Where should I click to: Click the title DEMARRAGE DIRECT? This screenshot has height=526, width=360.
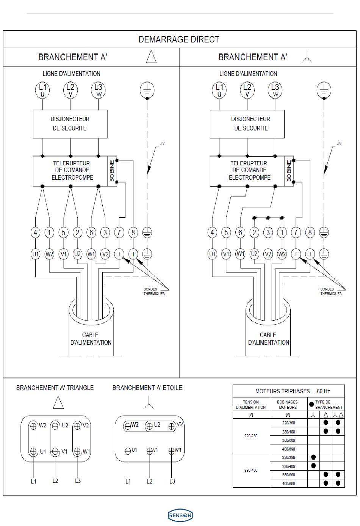click(x=179, y=39)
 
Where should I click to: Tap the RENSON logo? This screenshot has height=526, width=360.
click(x=180, y=515)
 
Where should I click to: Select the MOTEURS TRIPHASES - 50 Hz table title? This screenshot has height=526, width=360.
click(x=292, y=391)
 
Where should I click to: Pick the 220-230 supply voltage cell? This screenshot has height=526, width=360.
click(x=251, y=436)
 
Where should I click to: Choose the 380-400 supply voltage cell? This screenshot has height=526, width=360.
click(x=251, y=470)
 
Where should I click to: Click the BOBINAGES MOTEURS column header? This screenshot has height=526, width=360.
click(x=287, y=405)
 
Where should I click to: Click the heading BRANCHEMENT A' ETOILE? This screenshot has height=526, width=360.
click(x=147, y=388)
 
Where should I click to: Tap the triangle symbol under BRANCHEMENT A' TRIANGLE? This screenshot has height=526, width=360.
click(x=58, y=403)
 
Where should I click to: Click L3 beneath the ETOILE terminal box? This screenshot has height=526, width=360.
click(x=172, y=481)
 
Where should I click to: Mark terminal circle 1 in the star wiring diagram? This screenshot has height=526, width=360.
click(x=282, y=232)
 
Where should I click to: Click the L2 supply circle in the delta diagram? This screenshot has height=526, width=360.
click(x=70, y=90)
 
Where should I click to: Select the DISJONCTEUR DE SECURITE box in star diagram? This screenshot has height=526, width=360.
click(x=247, y=124)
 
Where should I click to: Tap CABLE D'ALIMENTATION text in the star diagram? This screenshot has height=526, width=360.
click(x=268, y=339)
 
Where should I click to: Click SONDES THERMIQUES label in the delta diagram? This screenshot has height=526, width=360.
click(x=154, y=291)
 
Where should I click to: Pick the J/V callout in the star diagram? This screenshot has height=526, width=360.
click(x=339, y=143)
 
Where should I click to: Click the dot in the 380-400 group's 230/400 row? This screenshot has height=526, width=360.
click(x=313, y=466)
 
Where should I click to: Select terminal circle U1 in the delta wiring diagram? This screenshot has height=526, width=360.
click(x=36, y=254)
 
